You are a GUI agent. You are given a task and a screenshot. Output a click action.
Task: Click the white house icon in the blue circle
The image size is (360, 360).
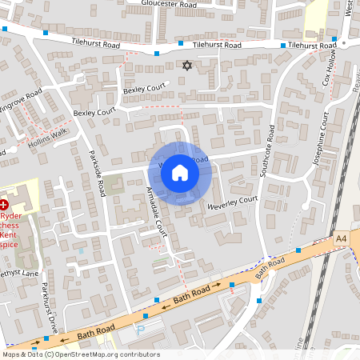coord(180,172)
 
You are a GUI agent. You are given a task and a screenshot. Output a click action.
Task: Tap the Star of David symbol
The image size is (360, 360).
coord(188,66)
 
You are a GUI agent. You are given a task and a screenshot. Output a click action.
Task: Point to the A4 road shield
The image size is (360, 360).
coord(342,238)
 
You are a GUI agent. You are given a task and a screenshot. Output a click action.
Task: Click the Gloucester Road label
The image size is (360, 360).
coord(168,4)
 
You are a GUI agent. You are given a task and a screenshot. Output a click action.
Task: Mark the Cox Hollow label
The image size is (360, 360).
coord(328,70)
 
